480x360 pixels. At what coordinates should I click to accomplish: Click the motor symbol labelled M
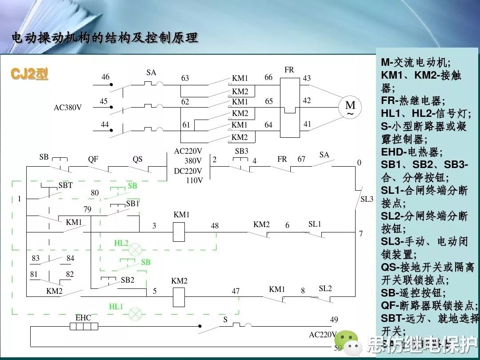tap(350, 107)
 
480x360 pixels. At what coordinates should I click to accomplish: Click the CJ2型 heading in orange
tap(30, 74)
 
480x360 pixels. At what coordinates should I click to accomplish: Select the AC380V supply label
tap(67, 108)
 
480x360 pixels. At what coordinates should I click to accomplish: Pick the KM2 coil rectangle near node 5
tap(179, 296)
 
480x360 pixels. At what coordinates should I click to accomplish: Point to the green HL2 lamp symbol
tap(135, 249)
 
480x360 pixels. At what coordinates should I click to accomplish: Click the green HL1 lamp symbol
tap(135, 314)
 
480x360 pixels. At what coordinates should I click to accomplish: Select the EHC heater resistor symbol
tap(84, 327)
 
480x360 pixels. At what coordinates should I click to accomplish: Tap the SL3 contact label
tap(367, 199)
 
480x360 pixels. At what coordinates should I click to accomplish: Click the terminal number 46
tap(105, 77)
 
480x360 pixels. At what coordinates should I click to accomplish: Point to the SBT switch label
tap(65, 185)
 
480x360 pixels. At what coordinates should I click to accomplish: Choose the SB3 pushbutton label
tap(241, 151)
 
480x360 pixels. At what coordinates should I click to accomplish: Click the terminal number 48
tap(215, 226)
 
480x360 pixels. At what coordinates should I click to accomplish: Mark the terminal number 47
tap(236, 291)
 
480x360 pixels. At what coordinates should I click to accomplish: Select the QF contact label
tap(93, 159)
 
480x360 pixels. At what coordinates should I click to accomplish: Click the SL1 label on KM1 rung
tap(315, 224)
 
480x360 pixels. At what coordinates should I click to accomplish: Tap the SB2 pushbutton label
tap(128, 280)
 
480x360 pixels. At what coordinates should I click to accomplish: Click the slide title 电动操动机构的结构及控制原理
tap(104, 38)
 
